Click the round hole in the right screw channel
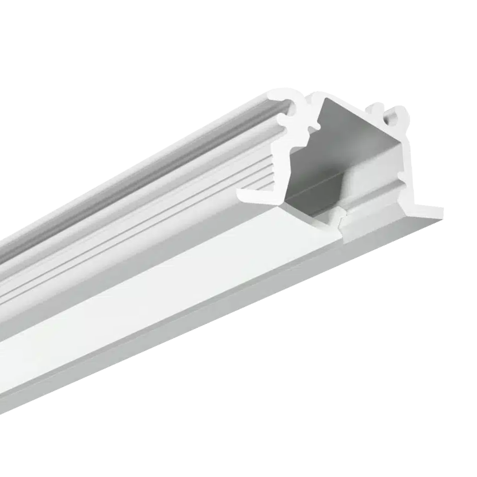click(x=397, y=115)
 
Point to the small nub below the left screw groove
click(x=312, y=128)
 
